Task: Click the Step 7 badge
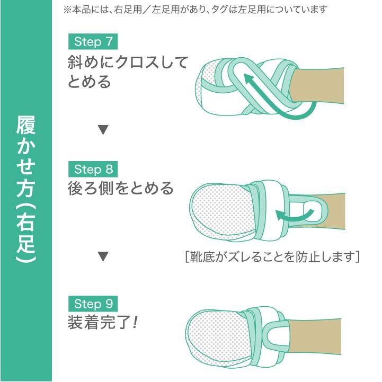[x=93, y=41]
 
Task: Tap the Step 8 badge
[x=93, y=169]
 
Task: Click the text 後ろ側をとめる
[x=121, y=189]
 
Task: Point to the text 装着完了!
[x=103, y=322]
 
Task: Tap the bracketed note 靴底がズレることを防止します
[x=270, y=257]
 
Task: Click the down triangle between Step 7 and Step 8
[x=103, y=129]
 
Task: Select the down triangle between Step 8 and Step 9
[x=103, y=257]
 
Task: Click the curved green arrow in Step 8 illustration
[x=291, y=214]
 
